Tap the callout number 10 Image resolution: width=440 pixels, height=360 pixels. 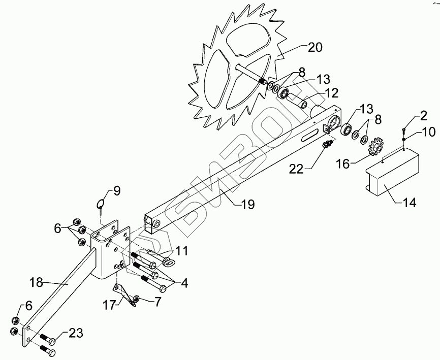click(x=428, y=133)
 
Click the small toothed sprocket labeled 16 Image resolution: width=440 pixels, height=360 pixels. click(x=375, y=147)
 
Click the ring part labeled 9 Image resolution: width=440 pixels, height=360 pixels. click(x=101, y=205)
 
